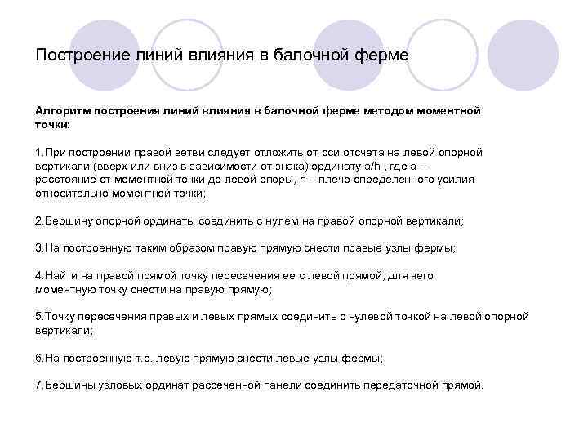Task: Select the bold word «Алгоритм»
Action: click(x=64, y=109)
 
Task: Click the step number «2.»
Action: click(x=40, y=221)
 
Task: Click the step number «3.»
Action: click(x=40, y=248)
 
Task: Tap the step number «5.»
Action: click(x=40, y=316)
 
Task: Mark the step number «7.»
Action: click(x=40, y=385)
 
